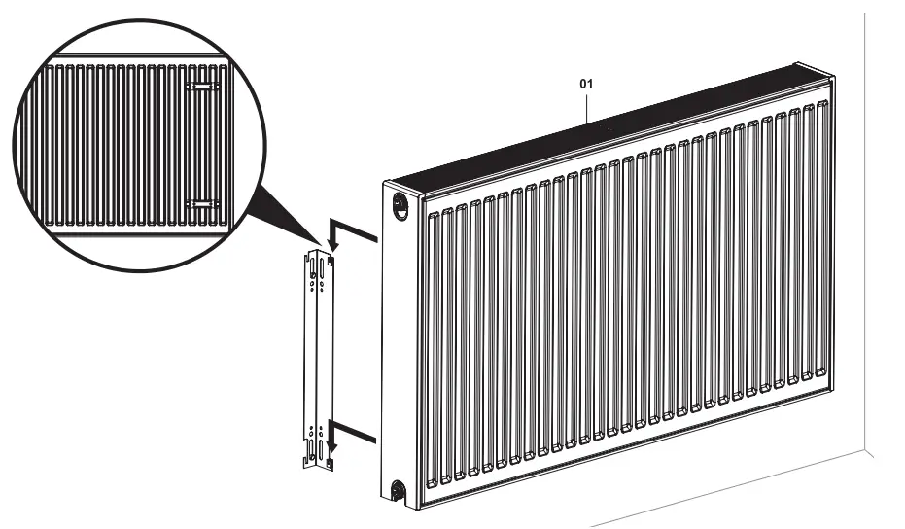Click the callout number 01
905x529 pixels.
coord(586,85)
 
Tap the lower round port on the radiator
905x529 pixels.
coord(399,489)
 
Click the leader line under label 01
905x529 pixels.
coord(587,106)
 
